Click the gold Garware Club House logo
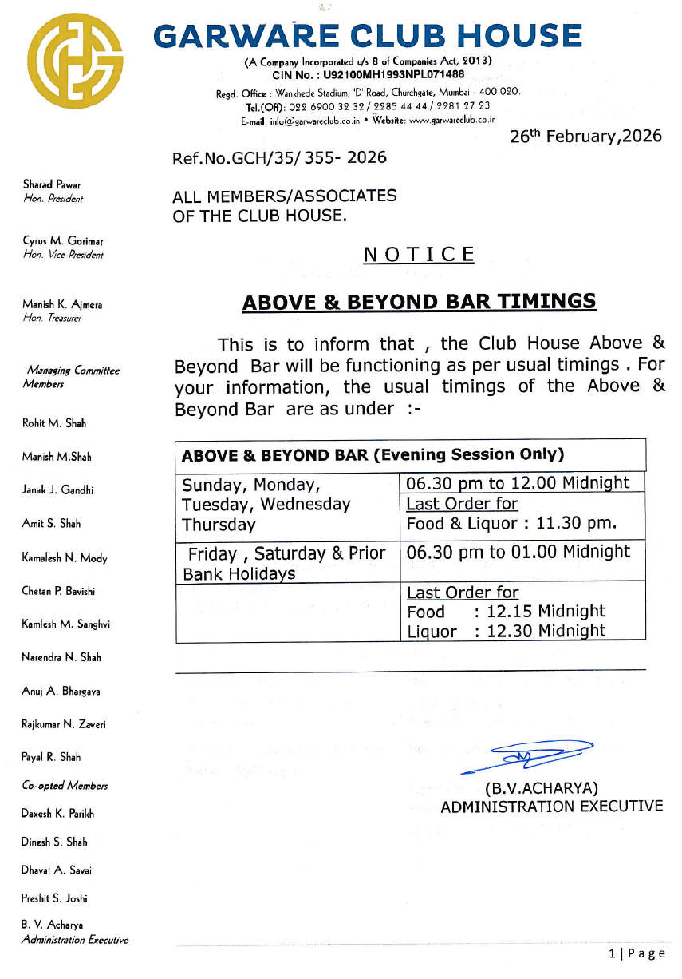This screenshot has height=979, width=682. (x=75, y=61)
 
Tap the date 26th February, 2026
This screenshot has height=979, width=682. (x=585, y=136)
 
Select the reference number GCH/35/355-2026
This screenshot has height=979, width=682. (x=279, y=157)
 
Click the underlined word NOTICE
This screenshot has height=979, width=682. (x=419, y=255)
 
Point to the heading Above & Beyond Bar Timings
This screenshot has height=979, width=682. (x=419, y=302)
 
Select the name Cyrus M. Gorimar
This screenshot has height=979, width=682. (x=63, y=241)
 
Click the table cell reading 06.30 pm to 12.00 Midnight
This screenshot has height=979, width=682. (x=518, y=482)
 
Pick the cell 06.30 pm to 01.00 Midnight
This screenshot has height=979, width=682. (x=518, y=552)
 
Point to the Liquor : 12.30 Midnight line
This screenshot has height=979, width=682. (x=506, y=631)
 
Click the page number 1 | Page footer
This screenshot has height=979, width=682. (x=637, y=953)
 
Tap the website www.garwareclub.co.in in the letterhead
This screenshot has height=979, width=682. (x=452, y=120)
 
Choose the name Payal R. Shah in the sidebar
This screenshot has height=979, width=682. (x=51, y=757)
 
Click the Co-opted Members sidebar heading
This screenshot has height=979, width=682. (x=65, y=786)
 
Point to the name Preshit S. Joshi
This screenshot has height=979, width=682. (x=54, y=898)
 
